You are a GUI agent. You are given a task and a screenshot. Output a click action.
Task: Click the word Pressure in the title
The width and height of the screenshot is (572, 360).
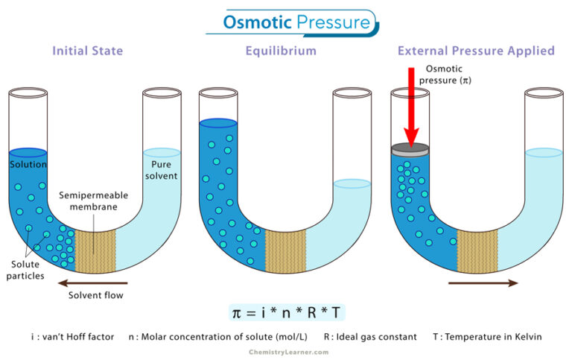[x=332, y=22]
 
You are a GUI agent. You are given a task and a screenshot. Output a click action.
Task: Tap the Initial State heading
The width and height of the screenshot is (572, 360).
[x=87, y=51]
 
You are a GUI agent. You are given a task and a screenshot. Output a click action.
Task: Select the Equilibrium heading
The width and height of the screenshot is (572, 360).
[x=281, y=51]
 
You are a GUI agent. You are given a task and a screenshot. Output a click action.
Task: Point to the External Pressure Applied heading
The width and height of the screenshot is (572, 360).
[x=476, y=51]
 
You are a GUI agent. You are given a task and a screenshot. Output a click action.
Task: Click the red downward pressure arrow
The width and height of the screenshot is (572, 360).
[x=410, y=104]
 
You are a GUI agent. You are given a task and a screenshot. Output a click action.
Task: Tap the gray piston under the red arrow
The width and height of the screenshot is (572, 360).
[x=410, y=148]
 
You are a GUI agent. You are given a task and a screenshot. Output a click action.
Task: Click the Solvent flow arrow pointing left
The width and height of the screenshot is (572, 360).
[x=97, y=282]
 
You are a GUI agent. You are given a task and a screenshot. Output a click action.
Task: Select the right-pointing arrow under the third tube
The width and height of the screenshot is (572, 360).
[x=483, y=282]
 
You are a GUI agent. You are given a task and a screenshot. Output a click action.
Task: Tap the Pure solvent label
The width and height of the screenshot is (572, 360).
[x=165, y=170]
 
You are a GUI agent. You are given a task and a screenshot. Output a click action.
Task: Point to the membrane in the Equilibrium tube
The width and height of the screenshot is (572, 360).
[x=285, y=249]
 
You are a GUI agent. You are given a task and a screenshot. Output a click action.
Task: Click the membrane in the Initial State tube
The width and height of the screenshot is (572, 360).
[x=95, y=249]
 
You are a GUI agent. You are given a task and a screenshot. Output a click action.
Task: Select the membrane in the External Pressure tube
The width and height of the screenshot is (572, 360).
[x=477, y=249]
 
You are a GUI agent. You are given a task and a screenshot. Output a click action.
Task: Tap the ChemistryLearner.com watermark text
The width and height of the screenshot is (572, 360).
[x=286, y=350]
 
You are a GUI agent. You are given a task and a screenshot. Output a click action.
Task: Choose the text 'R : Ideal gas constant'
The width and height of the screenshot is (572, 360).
[x=370, y=337]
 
